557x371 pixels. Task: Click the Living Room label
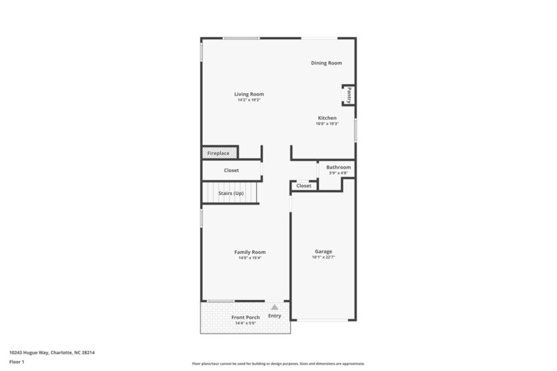click(249, 94)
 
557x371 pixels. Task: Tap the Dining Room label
click(326, 63)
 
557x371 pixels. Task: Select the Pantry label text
click(349, 95)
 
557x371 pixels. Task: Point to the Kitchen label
click(327, 118)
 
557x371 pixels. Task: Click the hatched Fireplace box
click(219, 152)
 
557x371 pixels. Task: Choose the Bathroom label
click(338, 167)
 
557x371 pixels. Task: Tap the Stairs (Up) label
click(230, 193)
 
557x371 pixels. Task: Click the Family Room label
click(249, 252)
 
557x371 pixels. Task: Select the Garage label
click(322, 251)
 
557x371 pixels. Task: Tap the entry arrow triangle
click(274, 306)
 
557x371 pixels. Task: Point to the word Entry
click(274, 315)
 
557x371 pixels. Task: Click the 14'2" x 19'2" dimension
click(249, 100)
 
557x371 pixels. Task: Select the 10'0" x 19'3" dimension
click(327, 124)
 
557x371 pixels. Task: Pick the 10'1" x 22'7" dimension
click(322, 258)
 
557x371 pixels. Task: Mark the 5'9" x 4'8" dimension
click(338, 173)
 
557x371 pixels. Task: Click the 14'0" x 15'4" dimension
click(249, 258)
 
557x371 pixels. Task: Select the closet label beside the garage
click(304, 186)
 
